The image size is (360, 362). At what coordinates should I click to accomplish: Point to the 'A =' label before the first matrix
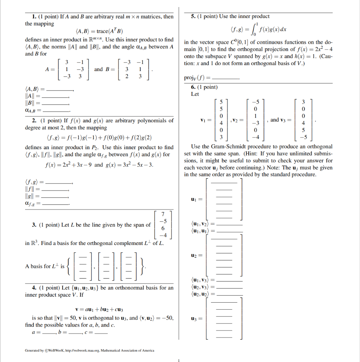click(x=50, y=69)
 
